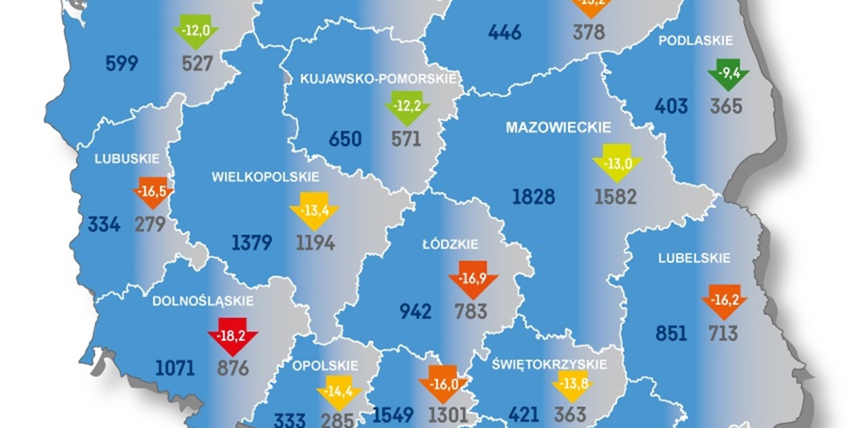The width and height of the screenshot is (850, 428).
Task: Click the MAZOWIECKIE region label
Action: [x=558, y=127]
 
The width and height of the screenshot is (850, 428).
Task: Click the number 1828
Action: [x=533, y=197]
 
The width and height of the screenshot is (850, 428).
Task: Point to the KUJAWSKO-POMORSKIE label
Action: [x=378, y=79]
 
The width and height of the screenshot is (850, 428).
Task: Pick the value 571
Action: [x=406, y=139]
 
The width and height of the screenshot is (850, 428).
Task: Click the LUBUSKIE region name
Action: [x=127, y=159]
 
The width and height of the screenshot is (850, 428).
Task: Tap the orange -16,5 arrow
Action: [x=152, y=192]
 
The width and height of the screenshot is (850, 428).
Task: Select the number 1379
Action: [x=252, y=243]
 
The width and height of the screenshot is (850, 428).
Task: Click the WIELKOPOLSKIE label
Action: [x=265, y=177]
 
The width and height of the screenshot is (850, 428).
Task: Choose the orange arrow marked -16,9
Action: [x=473, y=279]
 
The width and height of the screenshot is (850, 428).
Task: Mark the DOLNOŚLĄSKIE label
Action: [x=203, y=300]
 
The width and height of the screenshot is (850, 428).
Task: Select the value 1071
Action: [x=175, y=368]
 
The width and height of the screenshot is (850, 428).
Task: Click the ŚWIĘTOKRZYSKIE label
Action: [x=549, y=364]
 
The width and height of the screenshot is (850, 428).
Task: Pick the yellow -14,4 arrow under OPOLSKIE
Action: [x=338, y=392]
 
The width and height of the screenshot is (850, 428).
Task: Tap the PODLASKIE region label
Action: [x=696, y=41]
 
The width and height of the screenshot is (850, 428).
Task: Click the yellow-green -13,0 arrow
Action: [x=616, y=164]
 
